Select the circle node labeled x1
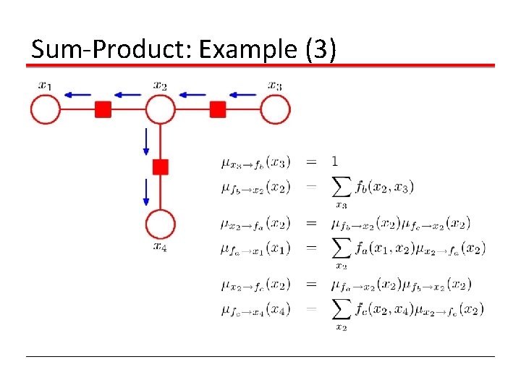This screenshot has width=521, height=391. [45, 109]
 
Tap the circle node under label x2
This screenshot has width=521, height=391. [160, 109]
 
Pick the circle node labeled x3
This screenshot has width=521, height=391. [275, 109]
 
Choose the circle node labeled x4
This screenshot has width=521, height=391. [160, 224]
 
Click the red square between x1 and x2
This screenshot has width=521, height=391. [103, 109]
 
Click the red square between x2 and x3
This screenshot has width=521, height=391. [218, 109]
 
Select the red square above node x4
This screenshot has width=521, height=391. [160, 167]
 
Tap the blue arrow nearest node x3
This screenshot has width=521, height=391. [242, 93]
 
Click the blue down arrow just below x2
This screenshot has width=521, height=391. [146, 141]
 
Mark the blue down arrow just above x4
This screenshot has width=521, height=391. [146, 193]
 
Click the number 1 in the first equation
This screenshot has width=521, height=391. [334, 161]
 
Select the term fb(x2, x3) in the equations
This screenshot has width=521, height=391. [384, 187]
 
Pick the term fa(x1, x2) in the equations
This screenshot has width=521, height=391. [384, 248]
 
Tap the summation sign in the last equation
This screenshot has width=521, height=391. [342, 309]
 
